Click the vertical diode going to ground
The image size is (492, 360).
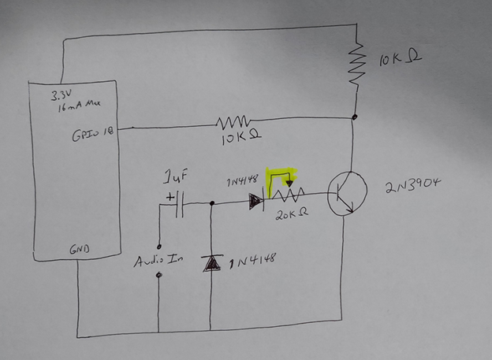211,263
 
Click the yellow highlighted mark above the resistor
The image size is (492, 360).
281,178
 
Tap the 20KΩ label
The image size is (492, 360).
290,213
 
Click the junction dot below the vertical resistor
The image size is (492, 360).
354,117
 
